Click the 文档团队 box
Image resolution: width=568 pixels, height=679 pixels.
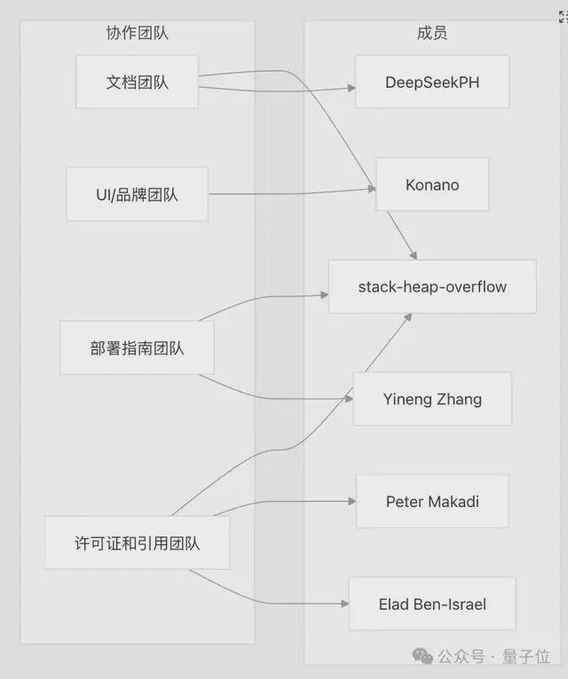(137, 82)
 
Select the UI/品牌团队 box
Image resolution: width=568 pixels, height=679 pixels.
(137, 193)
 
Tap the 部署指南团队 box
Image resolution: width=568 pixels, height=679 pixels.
(137, 347)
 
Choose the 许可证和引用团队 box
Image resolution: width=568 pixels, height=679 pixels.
(137, 542)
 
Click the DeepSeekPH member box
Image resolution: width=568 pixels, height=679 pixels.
(432, 82)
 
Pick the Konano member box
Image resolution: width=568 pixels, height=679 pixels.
(432, 184)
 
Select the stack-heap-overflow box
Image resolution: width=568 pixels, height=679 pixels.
(432, 286)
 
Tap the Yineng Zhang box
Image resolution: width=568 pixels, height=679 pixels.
(432, 399)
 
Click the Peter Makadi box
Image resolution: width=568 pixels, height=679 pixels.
(432, 502)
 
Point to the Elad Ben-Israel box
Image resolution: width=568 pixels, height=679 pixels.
(432, 604)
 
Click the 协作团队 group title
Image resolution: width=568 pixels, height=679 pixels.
(137, 34)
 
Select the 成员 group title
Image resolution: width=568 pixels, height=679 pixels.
(431, 34)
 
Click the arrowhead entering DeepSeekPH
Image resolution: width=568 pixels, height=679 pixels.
(351, 88)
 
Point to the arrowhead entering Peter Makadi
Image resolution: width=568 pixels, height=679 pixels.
(351, 502)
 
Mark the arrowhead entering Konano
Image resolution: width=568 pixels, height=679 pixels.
(371, 188)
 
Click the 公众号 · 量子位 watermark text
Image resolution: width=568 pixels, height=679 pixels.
(492, 657)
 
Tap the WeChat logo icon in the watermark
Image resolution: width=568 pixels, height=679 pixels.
(422, 656)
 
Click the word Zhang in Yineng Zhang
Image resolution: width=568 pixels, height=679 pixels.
(458, 399)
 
